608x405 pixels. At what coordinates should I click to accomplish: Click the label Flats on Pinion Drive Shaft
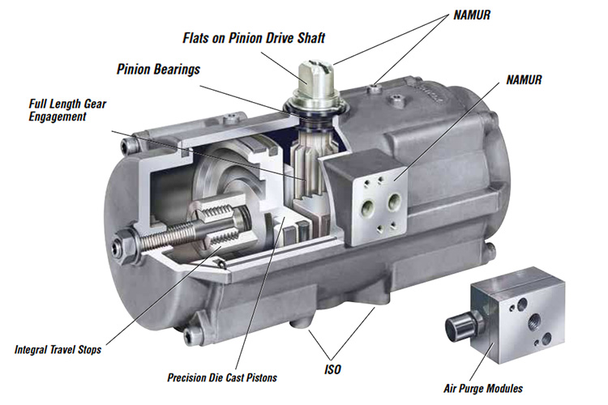pos(254,38)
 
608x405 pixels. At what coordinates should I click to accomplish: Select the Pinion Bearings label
pos(159,70)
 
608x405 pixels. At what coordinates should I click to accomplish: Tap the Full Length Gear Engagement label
pos(67,110)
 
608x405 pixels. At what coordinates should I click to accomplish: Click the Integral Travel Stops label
pos(58,350)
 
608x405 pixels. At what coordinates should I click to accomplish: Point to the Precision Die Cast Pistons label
pos(222,377)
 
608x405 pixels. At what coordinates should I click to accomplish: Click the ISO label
pos(332,369)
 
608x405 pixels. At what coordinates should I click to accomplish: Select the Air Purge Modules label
pos(483,388)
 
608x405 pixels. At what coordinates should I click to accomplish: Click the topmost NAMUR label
pos(472,15)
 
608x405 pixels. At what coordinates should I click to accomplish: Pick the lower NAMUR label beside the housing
pos(524,80)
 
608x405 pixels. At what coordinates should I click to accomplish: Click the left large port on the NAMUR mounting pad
pos(367,206)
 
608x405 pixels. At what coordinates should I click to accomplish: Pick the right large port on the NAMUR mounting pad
pos(394,201)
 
